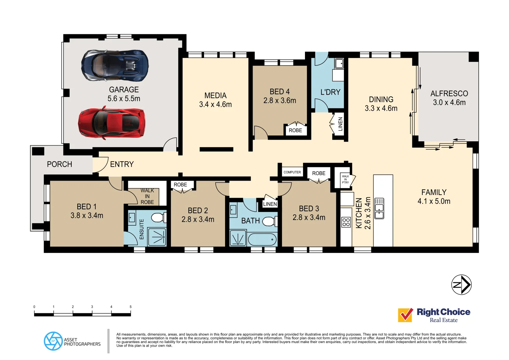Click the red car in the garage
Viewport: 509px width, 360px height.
pyautogui.click(x=112, y=123)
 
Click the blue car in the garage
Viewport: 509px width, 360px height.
pyautogui.click(x=115, y=66)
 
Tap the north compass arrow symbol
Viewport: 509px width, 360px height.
pyautogui.click(x=461, y=285)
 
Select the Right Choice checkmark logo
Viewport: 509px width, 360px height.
pyautogui.click(x=405, y=315)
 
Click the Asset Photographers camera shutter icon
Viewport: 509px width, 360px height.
pyautogui.click(x=53, y=341)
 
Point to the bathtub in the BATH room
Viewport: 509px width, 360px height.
pyautogui.click(x=262, y=239)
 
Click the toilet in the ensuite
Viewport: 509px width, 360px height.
pyautogui.click(x=159, y=218)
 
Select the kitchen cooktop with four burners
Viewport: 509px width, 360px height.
pyautogui.click(x=346, y=222)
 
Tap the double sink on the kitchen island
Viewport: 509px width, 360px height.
pyautogui.click(x=379, y=209)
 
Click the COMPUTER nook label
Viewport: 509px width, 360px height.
pyautogui.click(x=292, y=172)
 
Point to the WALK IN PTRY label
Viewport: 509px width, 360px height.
pyautogui.click(x=345, y=179)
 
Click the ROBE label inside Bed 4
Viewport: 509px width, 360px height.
pyautogui.click(x=295, y=130)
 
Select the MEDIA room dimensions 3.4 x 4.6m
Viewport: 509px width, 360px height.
pyautogui.click(x=215, y=105)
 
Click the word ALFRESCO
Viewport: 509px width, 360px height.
pyautogui.click(x=449, y=94)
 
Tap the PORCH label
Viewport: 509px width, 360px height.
pyautogui.click(x=59, y=164)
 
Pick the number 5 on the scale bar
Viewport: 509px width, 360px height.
pyautogui.click(x=130, y=307)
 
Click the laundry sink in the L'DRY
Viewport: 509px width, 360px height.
pyautogui.click(x=339, y=63)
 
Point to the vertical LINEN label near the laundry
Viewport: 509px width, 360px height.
pyautogui.click(x=340, y=124)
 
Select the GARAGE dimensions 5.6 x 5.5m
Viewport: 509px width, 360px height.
pyautogui.click(x=124, y=99)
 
